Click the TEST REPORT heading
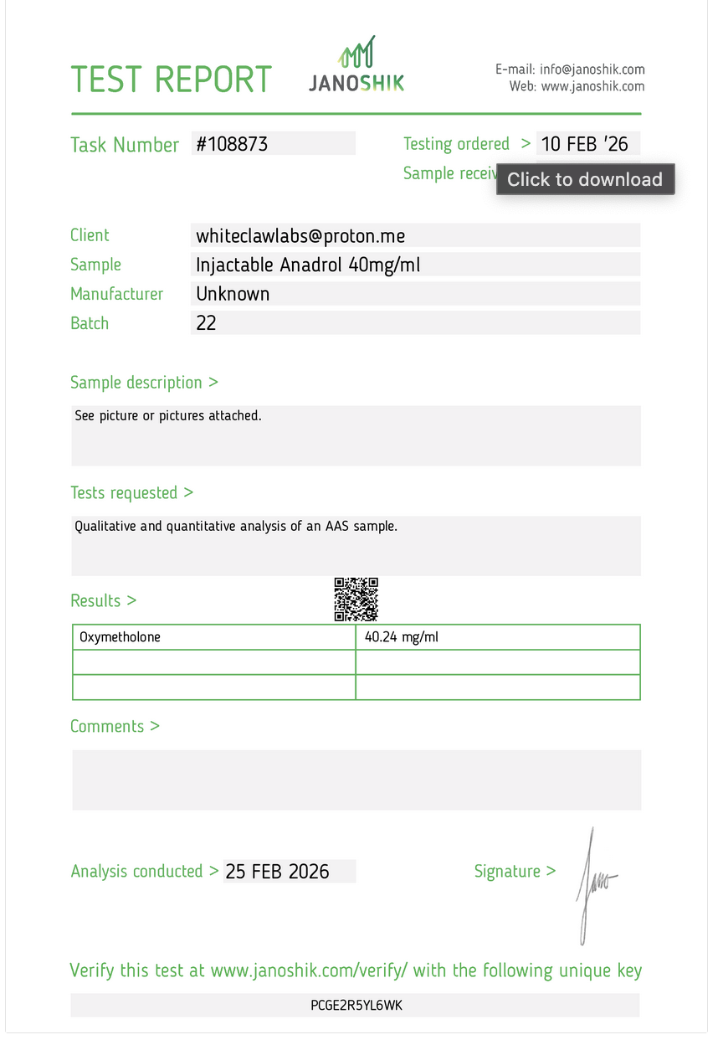click(172, 80)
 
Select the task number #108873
click(232, 144)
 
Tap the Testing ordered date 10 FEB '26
click(584, 144)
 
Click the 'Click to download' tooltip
click(585, 179)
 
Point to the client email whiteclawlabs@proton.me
click(300, 236)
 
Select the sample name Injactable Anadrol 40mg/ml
click(308, 265)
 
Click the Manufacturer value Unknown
click(233, 294)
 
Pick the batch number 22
click(206, 323)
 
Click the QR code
click(356, 600)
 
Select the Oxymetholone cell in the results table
click(120, 637)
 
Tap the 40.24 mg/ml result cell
click(402, 637)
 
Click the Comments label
click(115, 727)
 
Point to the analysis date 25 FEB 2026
click(278, 872)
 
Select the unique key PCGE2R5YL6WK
click(356, 1006)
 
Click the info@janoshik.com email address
click(592, 69)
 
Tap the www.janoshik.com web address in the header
click(592, 86)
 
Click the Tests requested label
click(131, 493)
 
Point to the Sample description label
click(144, 383)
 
